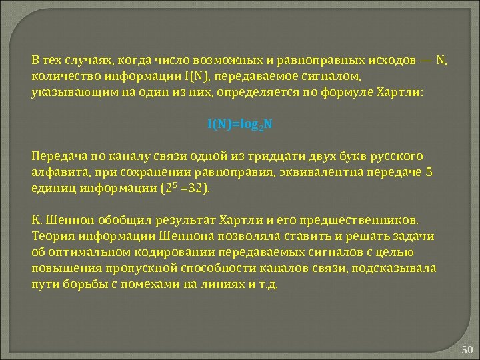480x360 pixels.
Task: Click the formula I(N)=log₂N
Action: pos(239,125)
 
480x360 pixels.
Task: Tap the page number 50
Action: pos(466,349)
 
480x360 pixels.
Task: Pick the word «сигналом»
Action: pos(333,76)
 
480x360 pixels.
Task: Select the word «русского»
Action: pos(395,156)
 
